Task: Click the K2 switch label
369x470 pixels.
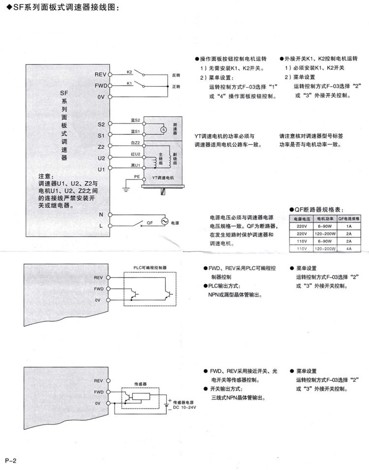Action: point(129,72)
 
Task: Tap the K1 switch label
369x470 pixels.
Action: point(129,83)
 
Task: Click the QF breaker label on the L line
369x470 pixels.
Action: point(150,222)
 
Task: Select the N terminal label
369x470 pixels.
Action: point(101,215)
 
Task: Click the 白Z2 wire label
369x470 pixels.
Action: point(136,143)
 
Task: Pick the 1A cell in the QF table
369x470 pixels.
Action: point(349,226)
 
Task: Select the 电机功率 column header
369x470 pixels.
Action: point(325,218)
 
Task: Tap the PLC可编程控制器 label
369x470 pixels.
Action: point(150,268)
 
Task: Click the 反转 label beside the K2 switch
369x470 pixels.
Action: point(176,75)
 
